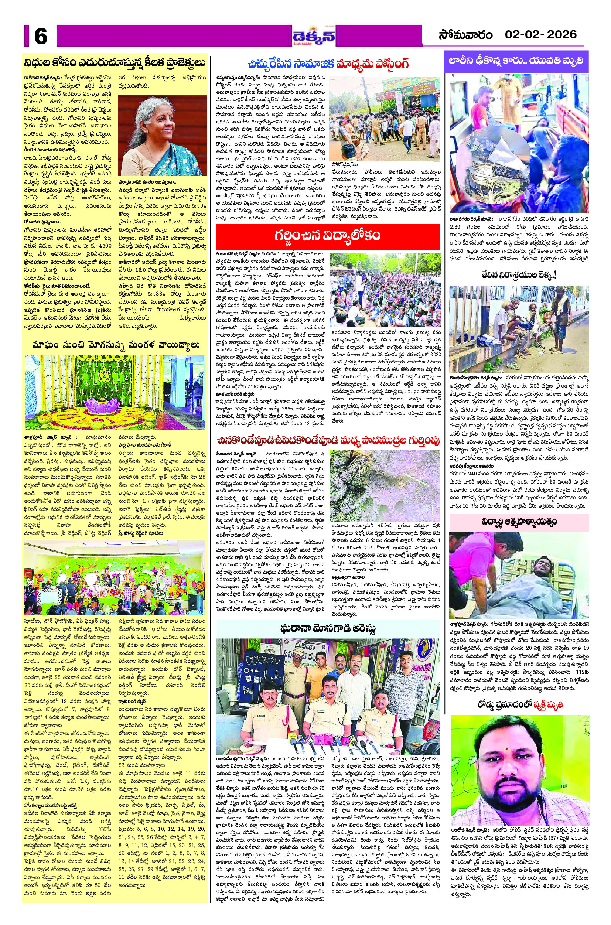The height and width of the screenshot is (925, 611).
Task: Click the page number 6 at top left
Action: click(x=41, y=37)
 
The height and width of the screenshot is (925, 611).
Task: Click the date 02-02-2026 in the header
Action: click(x=540, y=35)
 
